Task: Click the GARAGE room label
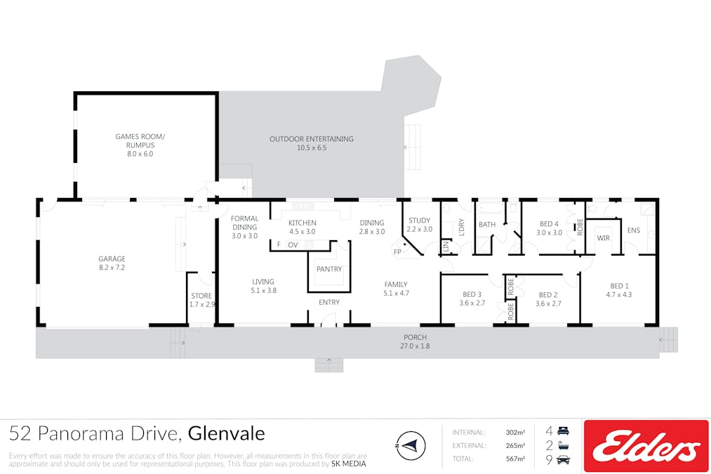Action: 112,259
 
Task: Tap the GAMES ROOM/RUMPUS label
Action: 140,140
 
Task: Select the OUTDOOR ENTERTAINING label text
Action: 312,139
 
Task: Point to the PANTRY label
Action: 329,269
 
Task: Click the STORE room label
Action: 201,296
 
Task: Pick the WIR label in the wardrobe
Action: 603,238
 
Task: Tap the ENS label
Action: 634,230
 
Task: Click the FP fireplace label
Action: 397,251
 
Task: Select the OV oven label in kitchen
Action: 293,245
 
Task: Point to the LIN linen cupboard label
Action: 446,246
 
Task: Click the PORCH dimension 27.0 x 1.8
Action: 415,346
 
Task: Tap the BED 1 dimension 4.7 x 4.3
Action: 619,294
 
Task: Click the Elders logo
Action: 646,447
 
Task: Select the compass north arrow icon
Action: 411,445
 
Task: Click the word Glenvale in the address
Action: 226,434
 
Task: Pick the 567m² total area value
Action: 516,459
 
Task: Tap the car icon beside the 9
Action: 563,459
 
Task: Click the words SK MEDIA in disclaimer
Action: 348,463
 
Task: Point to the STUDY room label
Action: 420,220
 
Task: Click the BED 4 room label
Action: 549,224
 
